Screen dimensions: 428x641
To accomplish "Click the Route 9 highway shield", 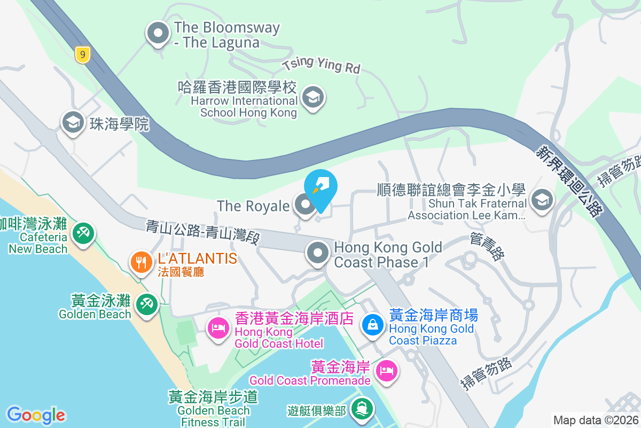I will [x=82, y=55].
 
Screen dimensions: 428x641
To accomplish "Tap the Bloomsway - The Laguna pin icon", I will [x=158, y=33].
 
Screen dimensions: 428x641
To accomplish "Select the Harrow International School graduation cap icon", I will [x=312, y=97].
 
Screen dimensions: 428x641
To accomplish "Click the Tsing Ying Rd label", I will [x=322, y=66].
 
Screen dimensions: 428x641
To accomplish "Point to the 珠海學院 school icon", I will [x=73, y=123].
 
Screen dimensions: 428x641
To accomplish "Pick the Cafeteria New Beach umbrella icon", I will [x=83, y=233].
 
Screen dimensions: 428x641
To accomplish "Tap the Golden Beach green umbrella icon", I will [x=146, y=304].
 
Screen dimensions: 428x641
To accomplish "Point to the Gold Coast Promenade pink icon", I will [x=387, y=370].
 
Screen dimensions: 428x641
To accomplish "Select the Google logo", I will [x=36, y=415].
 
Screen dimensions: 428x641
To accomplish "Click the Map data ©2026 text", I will [x=595, y=420].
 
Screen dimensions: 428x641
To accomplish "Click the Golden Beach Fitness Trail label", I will [x=213, y=410].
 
